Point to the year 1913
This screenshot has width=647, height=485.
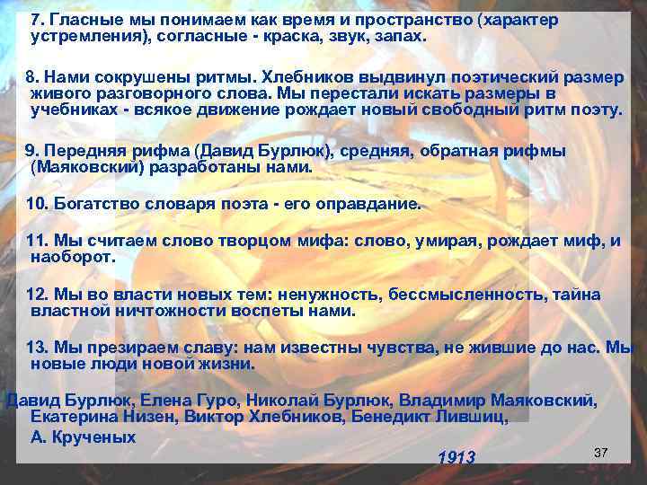[x=456, y=458]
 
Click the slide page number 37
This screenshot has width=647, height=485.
[x=601, y=451]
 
